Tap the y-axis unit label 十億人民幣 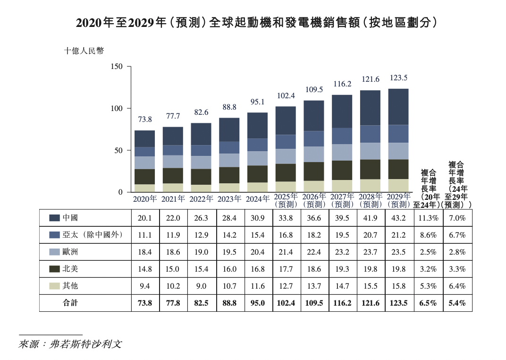84,51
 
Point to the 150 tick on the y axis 117,67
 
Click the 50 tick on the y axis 118,151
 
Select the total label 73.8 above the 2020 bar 144,120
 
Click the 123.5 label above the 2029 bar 398,78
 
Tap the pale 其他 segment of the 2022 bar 201,188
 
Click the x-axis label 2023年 229,199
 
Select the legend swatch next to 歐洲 54,252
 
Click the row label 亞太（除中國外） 92,235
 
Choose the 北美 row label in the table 70,269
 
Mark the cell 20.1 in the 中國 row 144,218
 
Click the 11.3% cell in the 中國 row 429,218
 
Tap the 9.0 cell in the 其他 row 201,286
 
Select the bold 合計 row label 70,303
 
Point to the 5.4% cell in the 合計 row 457,303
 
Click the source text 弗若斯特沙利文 85,344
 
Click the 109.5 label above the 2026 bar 314,89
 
